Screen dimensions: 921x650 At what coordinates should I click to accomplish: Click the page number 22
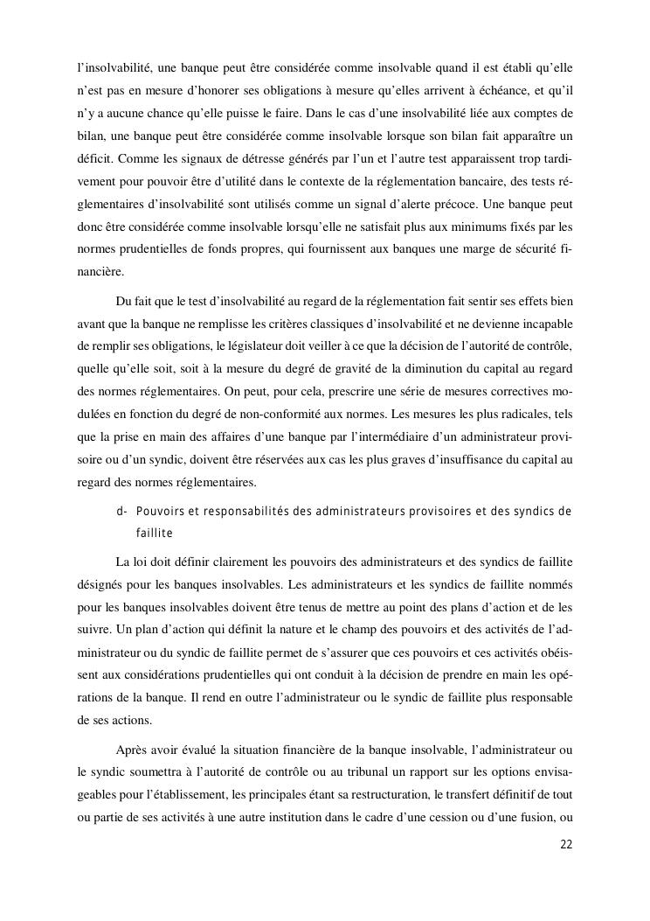point(565,844)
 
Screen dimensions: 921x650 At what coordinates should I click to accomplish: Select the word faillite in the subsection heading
point(155,533)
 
